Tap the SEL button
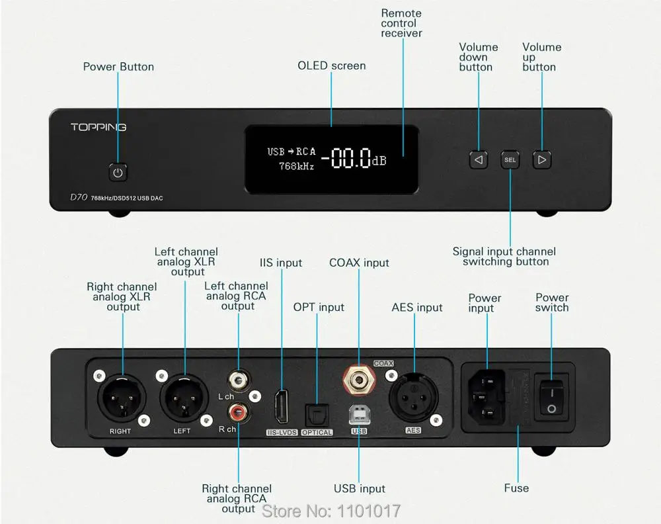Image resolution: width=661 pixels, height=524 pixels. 510,160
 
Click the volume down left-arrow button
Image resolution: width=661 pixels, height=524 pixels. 479,160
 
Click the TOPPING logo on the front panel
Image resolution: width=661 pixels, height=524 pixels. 98,127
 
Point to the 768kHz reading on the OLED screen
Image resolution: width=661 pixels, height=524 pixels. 296,166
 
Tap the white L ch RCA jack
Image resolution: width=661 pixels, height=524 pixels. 238,381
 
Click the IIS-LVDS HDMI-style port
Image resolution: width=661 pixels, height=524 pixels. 281,407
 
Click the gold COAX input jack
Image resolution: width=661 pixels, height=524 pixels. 359,380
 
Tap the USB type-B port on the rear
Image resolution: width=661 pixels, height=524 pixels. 359,415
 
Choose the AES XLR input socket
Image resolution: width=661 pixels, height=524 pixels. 414,398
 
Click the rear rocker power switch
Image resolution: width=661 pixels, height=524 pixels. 551,396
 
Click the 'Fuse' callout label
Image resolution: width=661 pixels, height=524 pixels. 516,488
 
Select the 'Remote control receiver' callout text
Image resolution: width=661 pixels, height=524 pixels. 401,23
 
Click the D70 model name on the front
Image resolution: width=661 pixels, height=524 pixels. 79,197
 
